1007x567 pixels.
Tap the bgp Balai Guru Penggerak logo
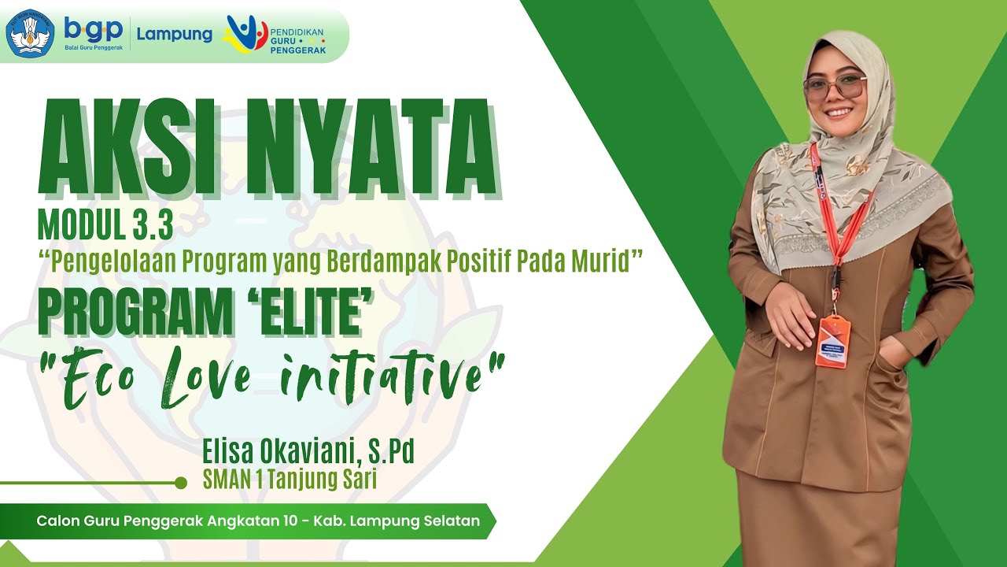point(94,33)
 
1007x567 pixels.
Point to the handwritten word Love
point(204,376)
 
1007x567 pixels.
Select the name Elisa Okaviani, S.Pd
point(308,451)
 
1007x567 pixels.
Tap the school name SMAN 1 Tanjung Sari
point(290,479)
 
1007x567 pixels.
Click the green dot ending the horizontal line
point(181,483)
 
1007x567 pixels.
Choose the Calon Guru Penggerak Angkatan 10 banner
point(258,521)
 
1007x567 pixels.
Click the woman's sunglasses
point(835,87)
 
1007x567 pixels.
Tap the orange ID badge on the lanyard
point(832,341)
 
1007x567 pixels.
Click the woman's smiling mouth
point(839,113)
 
